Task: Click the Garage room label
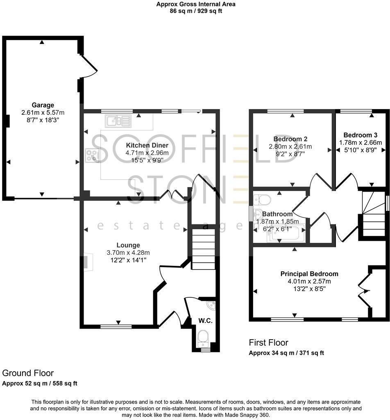pos(43,105)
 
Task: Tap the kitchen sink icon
pos(118,121)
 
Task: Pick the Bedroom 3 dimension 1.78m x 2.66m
pos(361,142)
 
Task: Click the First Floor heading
pos(269,342)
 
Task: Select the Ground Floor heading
pos(28,373)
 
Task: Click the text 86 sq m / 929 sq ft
pos(196,11)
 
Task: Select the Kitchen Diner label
pos(147,145)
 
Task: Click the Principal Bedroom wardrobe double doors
pos(364,291)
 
